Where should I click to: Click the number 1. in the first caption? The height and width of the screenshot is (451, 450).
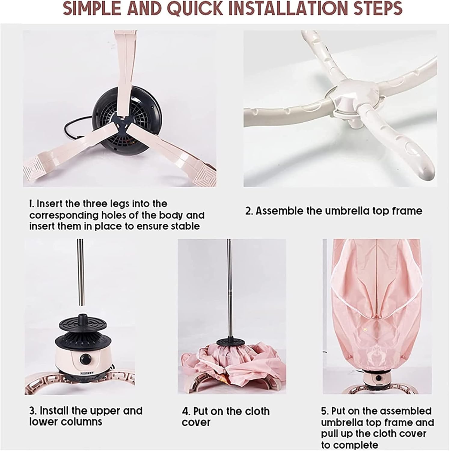click(32, 204)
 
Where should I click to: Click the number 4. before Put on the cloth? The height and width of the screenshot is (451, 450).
click(186, 411)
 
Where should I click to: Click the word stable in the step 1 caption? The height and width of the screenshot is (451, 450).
click(185, 226)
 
